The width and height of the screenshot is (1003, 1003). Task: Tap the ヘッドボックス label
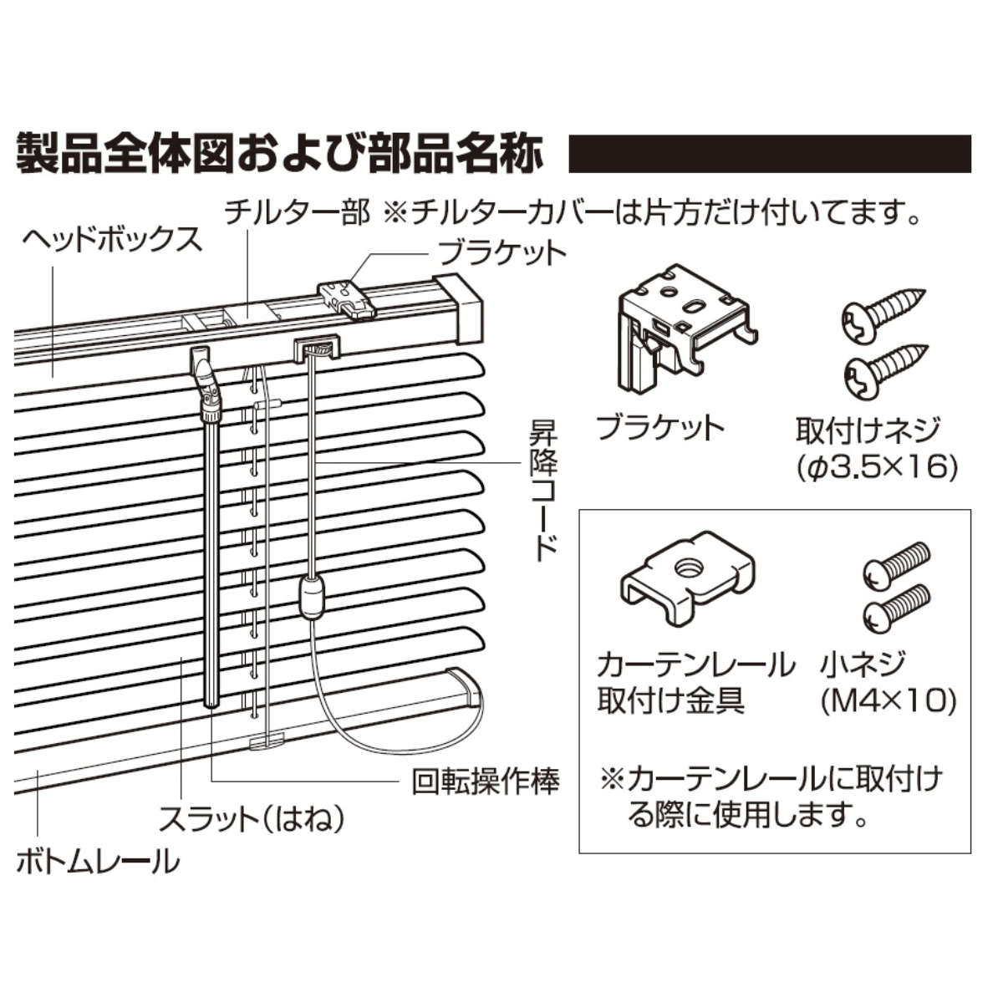pyautogui.click(x=112, y=239)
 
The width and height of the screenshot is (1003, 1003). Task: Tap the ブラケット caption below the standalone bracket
pyautogui.click(x=659, y=427)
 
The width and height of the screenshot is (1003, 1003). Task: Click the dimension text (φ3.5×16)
pyautogui.click(x=876, y=466)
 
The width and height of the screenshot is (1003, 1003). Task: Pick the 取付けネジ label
pyautogui.click(x=868, y=430)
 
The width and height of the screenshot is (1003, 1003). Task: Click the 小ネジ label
pyautogui.click(x=862, y=665)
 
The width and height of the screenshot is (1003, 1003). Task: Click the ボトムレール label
pyautogui.click(x=98, y=860)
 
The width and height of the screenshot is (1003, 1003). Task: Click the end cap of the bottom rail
pyautogui.click(x=465, y=689)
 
